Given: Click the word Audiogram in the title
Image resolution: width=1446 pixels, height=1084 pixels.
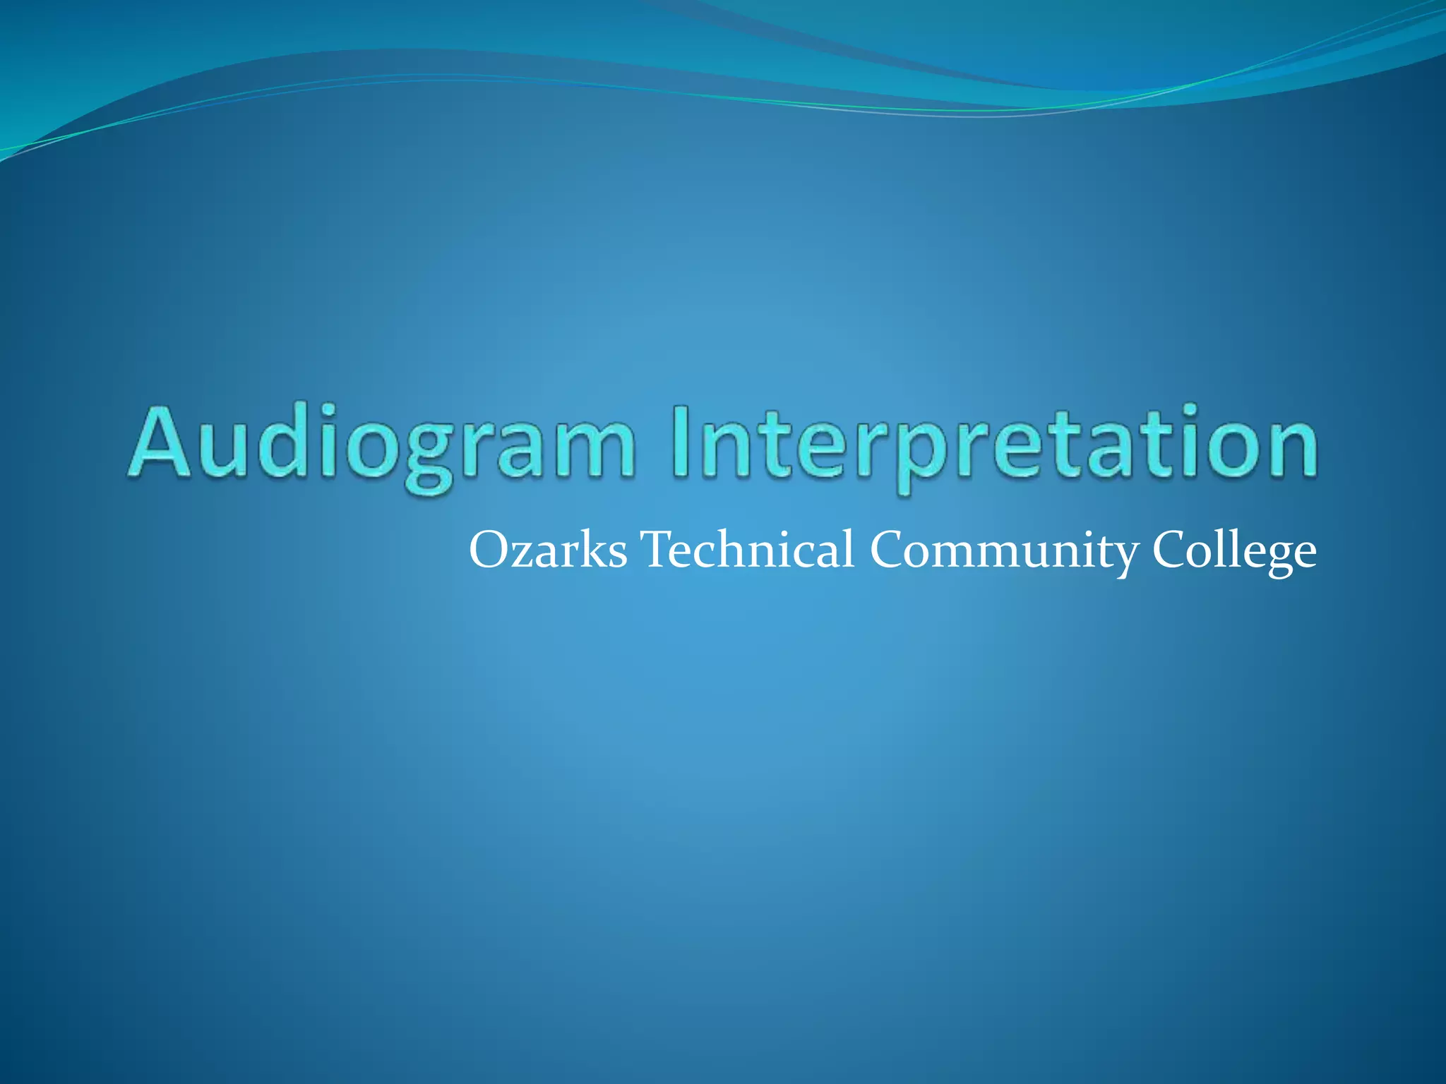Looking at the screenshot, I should tap(381, 443).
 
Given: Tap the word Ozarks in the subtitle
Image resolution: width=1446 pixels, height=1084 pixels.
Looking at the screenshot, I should tap(548, 550).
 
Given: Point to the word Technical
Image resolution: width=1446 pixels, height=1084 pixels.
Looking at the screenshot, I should tap(748, 550).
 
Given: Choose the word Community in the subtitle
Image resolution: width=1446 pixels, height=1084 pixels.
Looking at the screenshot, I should tap(1003, 550).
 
